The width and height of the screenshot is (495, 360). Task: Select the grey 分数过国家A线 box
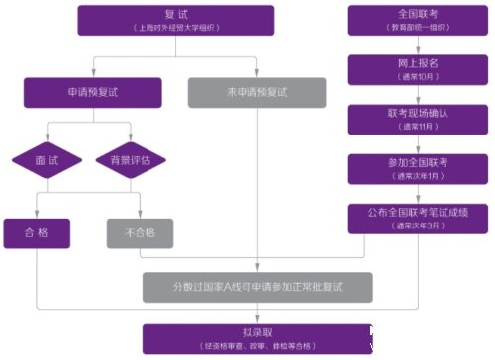257,287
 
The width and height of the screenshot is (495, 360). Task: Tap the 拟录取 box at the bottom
257,337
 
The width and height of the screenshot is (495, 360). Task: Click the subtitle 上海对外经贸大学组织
173,30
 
